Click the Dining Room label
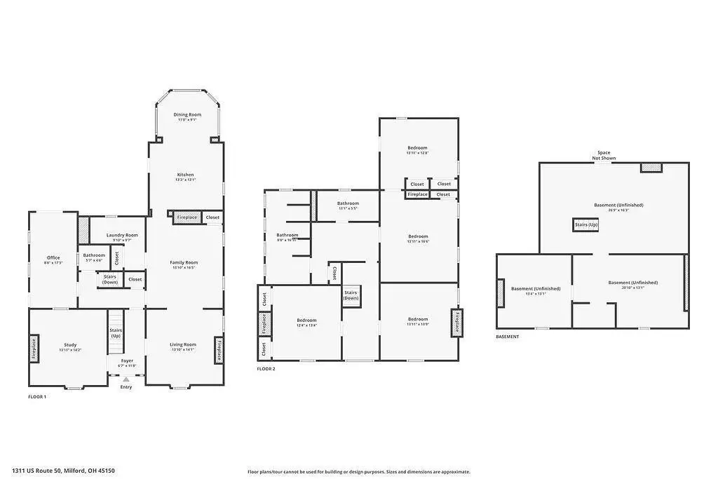click(x=187, y=114)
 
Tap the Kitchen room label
click(x=185, y=175)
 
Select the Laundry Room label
click(x=122, y=235)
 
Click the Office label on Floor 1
click(x=53, y=257)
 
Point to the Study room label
click(x=70, y=344)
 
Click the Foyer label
click(x=127, y=360)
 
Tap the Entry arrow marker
click(x=126, y=379)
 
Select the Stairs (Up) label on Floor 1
click(x=116, y=332)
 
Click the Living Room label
click(x=183, y=344)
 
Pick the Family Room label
click(x=184, y=262)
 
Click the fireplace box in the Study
click(x=34, y=349)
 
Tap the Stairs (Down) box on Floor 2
click(x=351, y=295)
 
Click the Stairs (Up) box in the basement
click(x=586, y=224)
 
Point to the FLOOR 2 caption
click(x=266, y=368)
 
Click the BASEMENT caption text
click(x=508, y=337)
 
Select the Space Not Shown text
click(x=604, y=155)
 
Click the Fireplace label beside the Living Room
click(x=219, y=349)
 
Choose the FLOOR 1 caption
click(x=37, y=397)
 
